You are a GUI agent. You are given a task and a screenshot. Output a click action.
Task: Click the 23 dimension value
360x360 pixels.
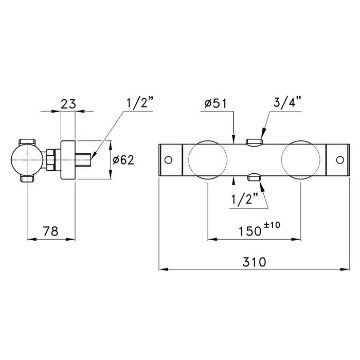pyautogui.click(x=68, y=104)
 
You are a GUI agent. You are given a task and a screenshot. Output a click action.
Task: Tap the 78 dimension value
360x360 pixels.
pyautogui.click(x=51, y=231)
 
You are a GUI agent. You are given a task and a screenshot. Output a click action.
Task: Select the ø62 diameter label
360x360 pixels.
pyautogui.click(x=123, y=160)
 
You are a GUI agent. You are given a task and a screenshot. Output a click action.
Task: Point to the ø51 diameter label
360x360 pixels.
pyautogui.click(x=215, y=103)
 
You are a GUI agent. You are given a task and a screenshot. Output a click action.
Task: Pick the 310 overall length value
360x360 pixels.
pyautogui.click(x=255, y=262)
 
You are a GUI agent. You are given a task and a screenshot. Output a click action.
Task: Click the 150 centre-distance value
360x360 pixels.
pyautogui.click(x=250, y=231)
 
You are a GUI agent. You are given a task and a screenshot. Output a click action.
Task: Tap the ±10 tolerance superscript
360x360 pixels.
pyautogui.click(x=272, y=225)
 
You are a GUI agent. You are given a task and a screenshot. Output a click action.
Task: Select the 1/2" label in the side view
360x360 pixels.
pyautogui.click(x=140, y=102)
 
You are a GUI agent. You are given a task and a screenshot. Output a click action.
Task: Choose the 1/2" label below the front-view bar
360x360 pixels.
pyautogui.click(x=245, y=199)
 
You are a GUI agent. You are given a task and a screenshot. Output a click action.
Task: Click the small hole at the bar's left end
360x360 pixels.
pyautogui.click(x=169, y=160)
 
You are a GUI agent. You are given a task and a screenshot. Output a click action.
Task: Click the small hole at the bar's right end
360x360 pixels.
pyautogui.click(x=340, y=160)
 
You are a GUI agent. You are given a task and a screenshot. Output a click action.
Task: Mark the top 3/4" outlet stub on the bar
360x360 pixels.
pyautogui.click(x=254, y=141)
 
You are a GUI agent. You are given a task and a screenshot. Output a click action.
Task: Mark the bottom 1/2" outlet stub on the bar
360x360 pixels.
pyautogui.click(x=254, y=177)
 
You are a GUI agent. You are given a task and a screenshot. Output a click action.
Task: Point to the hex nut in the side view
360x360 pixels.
pyautogui.click(x=51, y=160)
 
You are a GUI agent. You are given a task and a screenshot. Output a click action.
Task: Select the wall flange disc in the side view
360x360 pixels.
pyautogui.click(x=68, y=160)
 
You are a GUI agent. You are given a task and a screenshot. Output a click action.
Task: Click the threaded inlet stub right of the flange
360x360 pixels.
pyautogui.click(x=83, y=160)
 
